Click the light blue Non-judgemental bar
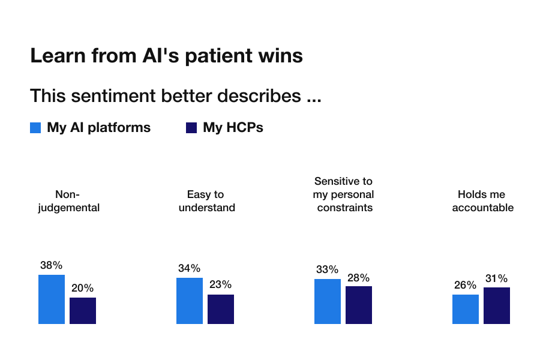52,299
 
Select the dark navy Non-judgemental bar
83,311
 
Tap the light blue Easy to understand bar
190,301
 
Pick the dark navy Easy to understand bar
221,310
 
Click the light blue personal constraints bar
328,302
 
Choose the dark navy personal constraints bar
359,305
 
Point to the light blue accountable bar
466,310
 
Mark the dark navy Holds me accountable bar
497,305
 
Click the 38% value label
51,265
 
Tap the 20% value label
83,288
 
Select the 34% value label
189,268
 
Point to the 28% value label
358,277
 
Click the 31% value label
497,278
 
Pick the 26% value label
465,285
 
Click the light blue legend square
35,128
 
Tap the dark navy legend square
191,128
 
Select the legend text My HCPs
233,127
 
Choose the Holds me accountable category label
482,201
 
